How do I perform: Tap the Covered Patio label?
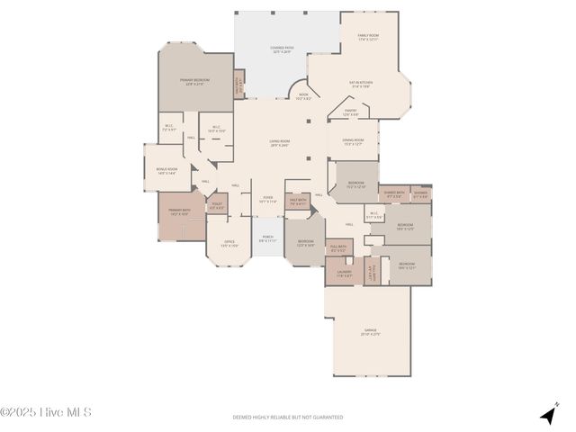pyautogui.click(x=281, y=50)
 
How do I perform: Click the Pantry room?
pyautogui.click(x=351, y=112)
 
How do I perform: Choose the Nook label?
pyautogui.click(x=303, y=96)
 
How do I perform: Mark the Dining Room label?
pyautogui.click(x=353, y=141)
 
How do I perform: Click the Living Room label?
pyautogui.click(x=279, y=142)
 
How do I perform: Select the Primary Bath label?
pyautogui.click(x=178, y=212)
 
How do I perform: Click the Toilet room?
pyautogui.click(x=217, y=206)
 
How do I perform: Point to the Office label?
pyautogui.click(x=229, y=243)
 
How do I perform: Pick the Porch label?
pyautogui.click(x=267, y=240)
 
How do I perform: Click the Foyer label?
pyautogui.click(x=267, y=200)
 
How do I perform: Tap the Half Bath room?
pyautogui.click(x=298, y=202)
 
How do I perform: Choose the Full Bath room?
pyautogui.click(x=337, y=249)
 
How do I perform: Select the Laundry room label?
pyautogui.click(x=345, y=273)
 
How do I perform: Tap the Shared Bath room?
pyautogui.click(x=394, y=193)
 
